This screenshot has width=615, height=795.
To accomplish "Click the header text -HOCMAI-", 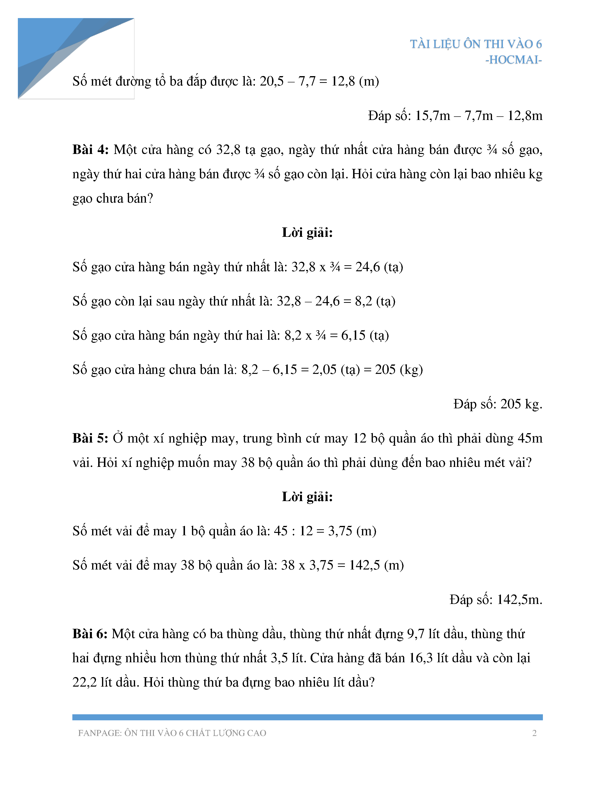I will pos(513,60).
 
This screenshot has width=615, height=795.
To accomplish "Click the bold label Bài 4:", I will pos(90,150).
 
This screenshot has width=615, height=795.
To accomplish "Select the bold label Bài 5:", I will pos(90,438).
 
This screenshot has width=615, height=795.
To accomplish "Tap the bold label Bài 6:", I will pos(90,634).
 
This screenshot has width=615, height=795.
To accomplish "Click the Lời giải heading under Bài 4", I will pos(307,232).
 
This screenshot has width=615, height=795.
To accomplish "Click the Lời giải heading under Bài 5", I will pos(307,497).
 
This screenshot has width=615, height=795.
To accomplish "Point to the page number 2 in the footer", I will pos(534,733).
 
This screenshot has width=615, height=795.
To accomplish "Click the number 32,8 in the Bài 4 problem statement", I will pos(228,150).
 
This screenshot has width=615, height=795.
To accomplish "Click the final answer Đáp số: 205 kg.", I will pos(498,404).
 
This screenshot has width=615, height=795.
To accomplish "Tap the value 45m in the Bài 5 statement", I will pos(530,438).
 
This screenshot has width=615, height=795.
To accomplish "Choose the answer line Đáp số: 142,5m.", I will pos(496,600).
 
